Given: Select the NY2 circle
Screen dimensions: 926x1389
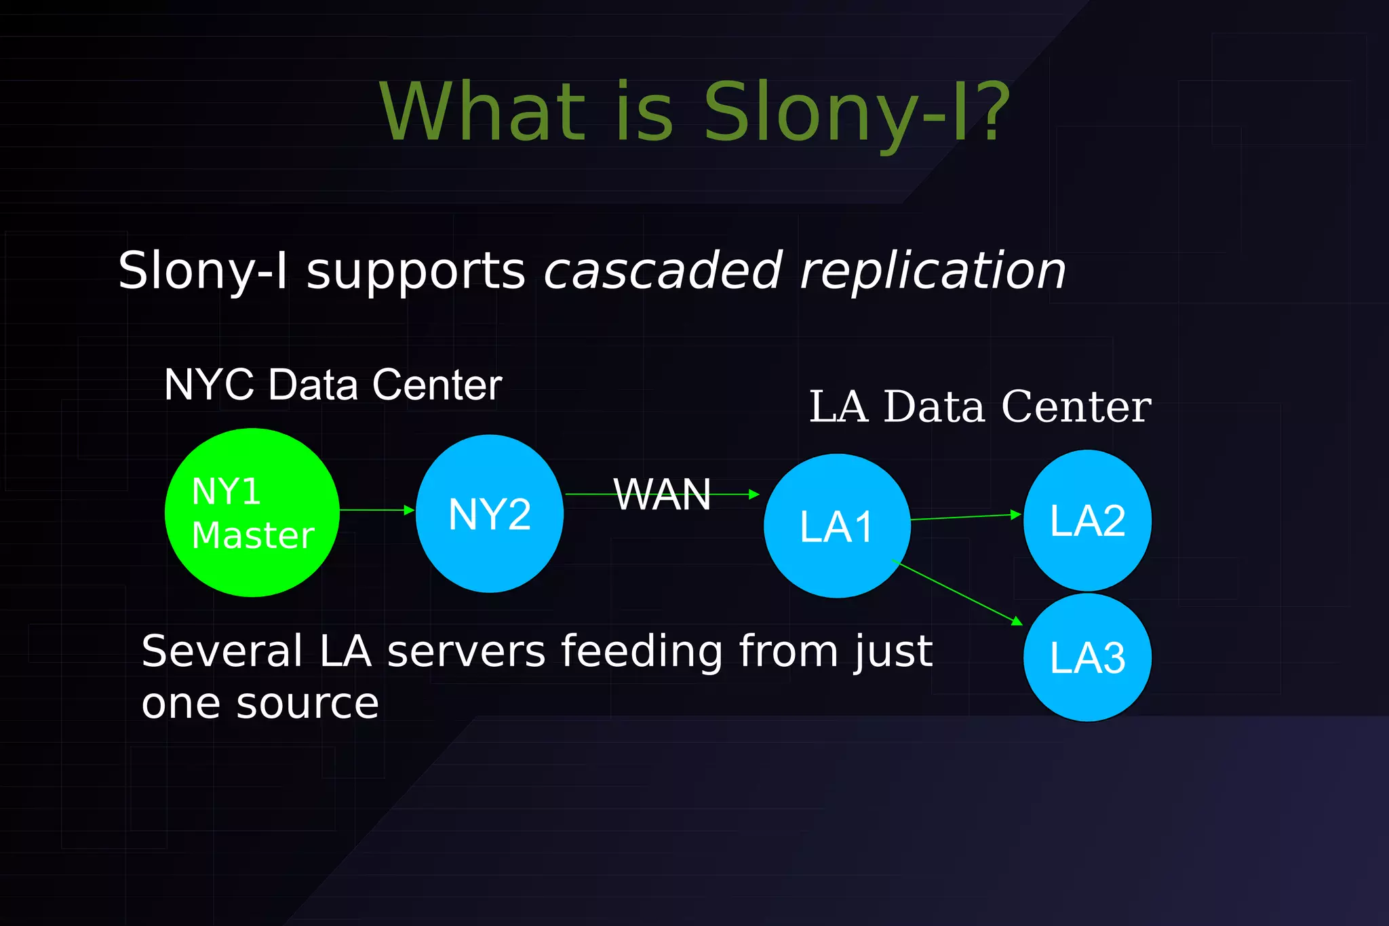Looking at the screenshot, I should [x=489, y=514].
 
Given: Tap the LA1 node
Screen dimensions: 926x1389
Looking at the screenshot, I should [x=837, y=526].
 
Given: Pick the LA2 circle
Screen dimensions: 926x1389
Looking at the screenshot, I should [x=1087, y=520].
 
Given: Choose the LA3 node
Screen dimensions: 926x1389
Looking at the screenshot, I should [x=1087, y=657].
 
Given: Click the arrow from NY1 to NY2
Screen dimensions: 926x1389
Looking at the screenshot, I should [x=376, y=509].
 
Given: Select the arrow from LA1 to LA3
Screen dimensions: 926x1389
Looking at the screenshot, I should [x=956, y=591].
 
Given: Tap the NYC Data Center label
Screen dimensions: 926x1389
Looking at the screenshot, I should [x=332, y=385].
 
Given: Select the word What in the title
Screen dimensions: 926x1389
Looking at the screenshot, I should [x=482, y=112].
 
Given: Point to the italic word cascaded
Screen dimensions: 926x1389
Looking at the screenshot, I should [x=663, y=270].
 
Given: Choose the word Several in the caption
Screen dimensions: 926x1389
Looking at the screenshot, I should [x=222, y=651].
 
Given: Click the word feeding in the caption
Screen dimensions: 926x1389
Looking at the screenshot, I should [x=642, y=652].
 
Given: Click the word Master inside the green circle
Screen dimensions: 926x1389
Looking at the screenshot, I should [x=253, y=535].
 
